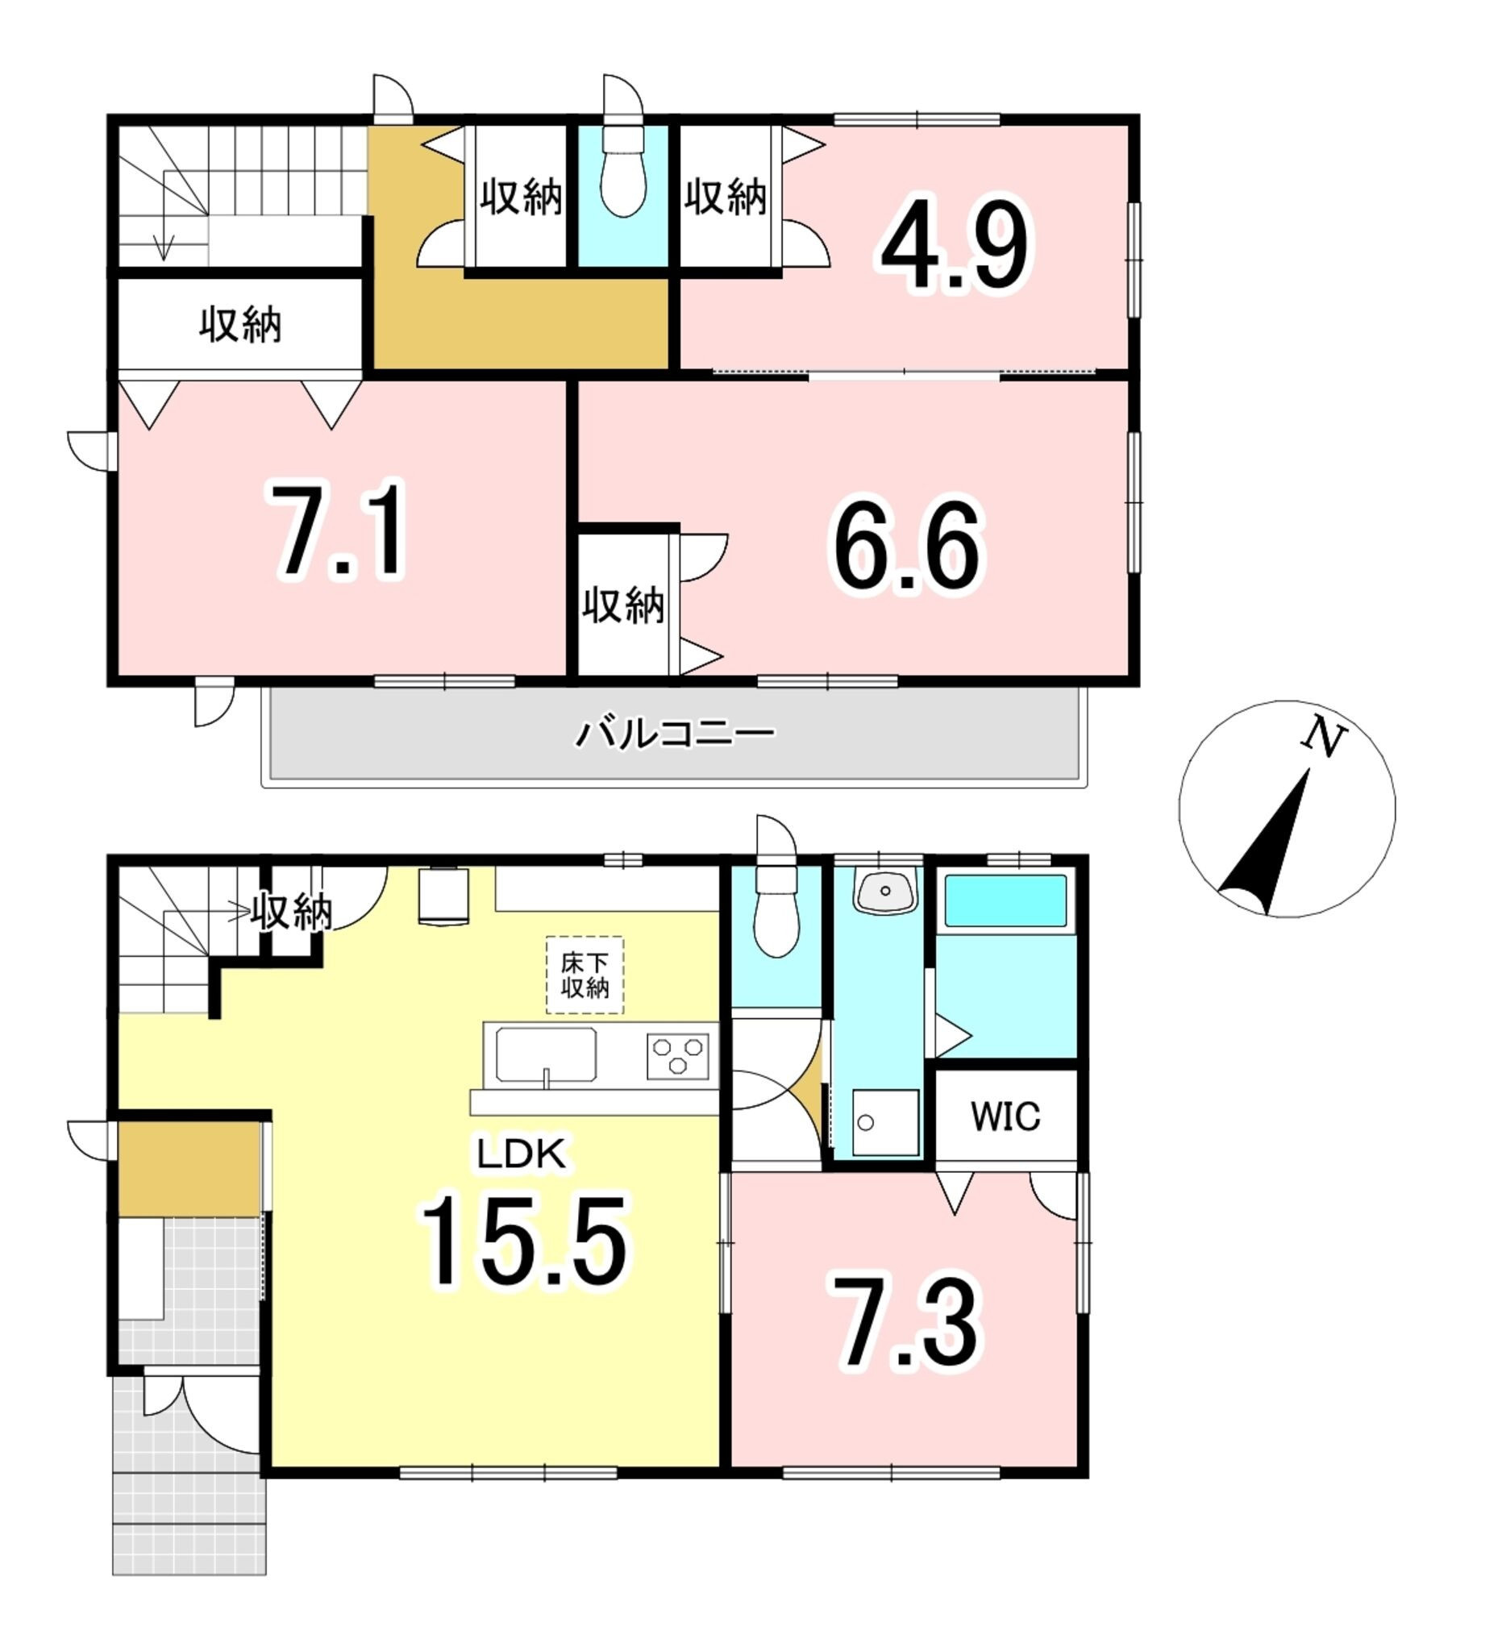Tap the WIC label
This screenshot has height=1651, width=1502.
(x=1005, y=1116)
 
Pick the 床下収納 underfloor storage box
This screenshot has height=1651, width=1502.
(x=585, y=975)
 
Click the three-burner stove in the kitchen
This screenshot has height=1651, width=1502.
(x=677, y=1055)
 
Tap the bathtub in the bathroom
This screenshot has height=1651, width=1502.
(x=1006, y=899)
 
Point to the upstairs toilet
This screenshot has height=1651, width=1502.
(x=623, y=171)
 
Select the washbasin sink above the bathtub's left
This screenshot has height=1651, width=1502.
(x=884, y=890)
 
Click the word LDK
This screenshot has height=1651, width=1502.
(x=522, y=1154)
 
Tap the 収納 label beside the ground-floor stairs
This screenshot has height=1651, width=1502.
(x=291, y=911)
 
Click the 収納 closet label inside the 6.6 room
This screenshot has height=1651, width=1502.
(x=623, y=605)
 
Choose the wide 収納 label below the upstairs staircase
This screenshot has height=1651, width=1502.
(x=241, y=325)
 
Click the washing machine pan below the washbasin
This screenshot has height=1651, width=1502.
(x=884, y=1122)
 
